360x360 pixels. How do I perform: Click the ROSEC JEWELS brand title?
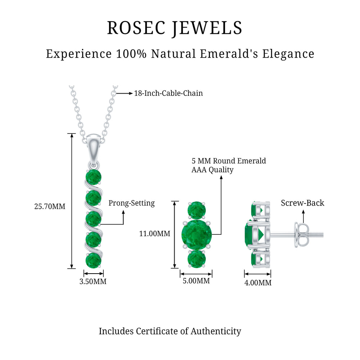tap(175, 28)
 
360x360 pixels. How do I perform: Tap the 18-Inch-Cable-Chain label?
tap(168, 93)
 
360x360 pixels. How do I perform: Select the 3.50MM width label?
tap(93, 281)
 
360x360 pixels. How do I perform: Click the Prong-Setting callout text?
tap(131, 203)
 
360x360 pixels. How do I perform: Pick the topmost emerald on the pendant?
tap(94, 177)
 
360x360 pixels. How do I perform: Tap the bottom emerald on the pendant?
tap(94, 260)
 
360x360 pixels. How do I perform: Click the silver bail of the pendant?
tap(94, 144)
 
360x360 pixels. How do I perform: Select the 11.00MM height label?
tap(154, 234)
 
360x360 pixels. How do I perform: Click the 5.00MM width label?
tap(196, 281)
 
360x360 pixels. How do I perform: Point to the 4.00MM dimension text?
tap(258, 283)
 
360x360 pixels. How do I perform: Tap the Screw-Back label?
tap(302, 203)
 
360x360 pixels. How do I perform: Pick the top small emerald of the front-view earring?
tap(197, 210)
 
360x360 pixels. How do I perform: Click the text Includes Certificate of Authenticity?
tap(170, 331)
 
